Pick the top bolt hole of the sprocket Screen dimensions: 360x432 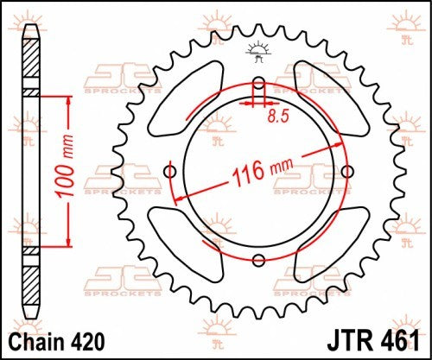(257, 84)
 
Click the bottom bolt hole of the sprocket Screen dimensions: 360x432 (257, 260)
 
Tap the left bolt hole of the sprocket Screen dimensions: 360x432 (170, 172)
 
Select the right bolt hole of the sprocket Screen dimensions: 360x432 (346, 172)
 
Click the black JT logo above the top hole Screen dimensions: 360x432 (257, 51)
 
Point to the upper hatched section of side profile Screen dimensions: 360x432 (31, 64)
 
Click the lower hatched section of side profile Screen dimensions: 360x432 (31, 278)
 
